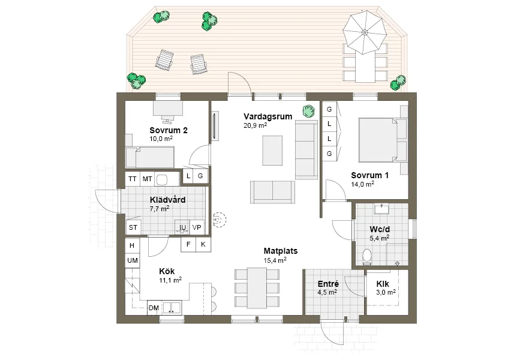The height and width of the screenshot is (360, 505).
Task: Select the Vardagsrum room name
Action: [267, 116]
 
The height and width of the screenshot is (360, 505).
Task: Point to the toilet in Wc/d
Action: [368, 257]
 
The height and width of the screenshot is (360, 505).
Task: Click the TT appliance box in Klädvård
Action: [133, 179]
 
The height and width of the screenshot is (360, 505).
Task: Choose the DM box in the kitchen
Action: [154, 308]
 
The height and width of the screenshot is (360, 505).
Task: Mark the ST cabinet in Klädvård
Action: [133, 227]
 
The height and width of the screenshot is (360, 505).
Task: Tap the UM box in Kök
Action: [133, 260]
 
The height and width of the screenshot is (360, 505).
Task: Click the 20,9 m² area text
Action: [255, 126]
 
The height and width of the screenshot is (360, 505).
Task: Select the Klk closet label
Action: [383, 284]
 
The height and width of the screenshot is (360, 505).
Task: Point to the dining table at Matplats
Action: [257, 287]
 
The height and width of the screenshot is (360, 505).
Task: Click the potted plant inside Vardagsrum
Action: [309, 110]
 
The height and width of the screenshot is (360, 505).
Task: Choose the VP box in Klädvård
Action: [196, 227]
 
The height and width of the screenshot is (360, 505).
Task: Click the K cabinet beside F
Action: [203, 244]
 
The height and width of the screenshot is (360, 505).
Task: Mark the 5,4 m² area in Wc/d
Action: [379, 238]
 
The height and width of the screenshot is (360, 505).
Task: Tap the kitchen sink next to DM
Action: [172, 308]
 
